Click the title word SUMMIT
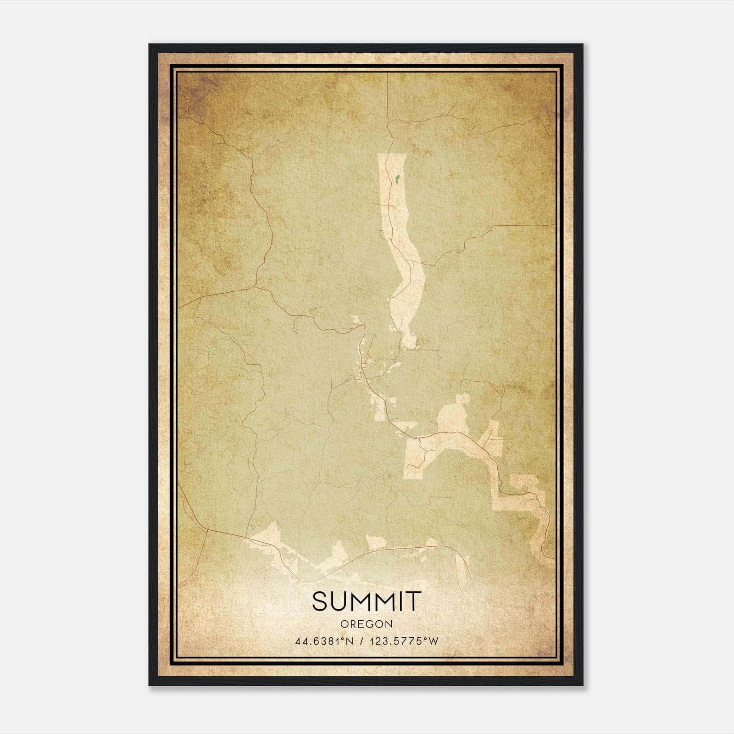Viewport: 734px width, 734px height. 366,601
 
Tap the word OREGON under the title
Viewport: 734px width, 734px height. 367,624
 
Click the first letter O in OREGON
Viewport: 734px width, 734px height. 344,624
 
